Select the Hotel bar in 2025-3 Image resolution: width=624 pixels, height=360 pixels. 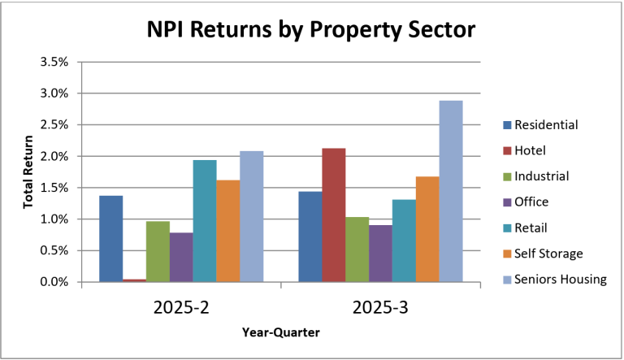[333, 215]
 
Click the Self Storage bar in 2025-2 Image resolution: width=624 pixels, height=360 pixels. [227, 231]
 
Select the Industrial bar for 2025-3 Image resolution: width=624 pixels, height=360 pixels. [357, 249]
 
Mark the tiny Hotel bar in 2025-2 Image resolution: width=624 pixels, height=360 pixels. [134, 280]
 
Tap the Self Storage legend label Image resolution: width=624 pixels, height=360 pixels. [549, 254]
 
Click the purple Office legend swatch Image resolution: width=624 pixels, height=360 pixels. [507, 202]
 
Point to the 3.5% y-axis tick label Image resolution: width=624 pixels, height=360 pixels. [54, 62]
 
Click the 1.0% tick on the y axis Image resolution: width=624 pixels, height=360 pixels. [54, 219]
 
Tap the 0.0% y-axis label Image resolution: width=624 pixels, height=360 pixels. [54, 282]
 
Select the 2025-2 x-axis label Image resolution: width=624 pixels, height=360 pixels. [181, 310]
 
